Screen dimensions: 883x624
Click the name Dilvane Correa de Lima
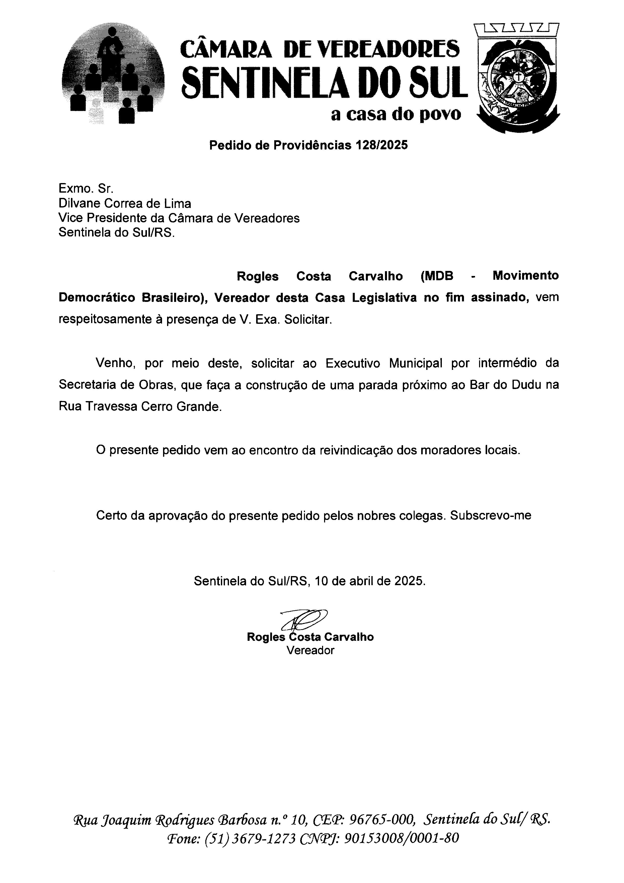click(125, 203)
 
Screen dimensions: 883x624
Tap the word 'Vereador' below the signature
click(310, 650)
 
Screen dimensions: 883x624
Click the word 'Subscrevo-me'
click(491, 515)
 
